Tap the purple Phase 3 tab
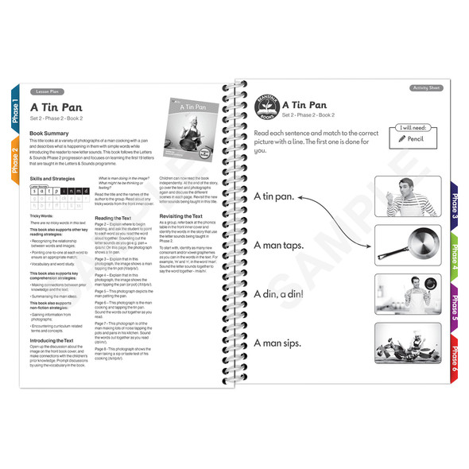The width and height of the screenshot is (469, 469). click(x=454, y=205)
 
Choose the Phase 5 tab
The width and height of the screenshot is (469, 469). click(x=454, y=306)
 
